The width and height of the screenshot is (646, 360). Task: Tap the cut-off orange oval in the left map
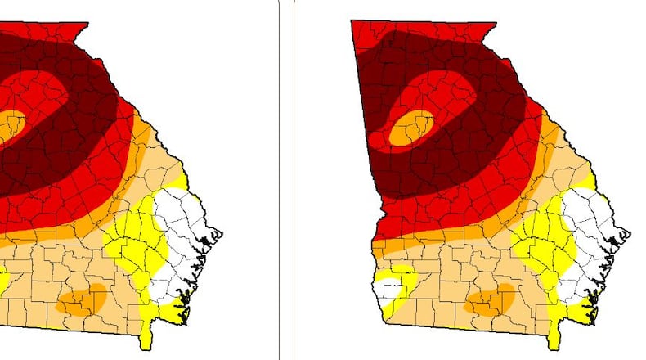(x=11, y=125)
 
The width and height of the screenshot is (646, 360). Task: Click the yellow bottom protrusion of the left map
(x=147, y=335)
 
